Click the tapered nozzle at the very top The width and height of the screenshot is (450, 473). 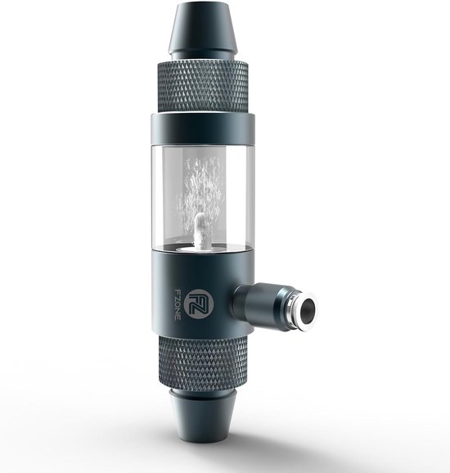pos(201,29)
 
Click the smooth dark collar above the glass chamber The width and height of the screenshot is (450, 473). pos(201,127)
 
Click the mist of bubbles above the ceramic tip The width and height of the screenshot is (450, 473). pos(201,184)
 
